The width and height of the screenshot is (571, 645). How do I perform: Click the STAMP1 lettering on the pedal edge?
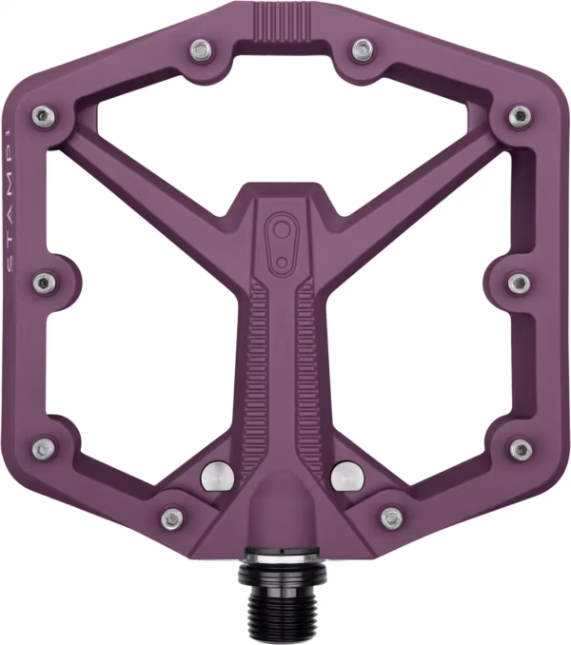10,202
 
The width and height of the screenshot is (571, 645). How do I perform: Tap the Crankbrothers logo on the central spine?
282,243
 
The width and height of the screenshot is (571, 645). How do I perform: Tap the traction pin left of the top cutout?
203,50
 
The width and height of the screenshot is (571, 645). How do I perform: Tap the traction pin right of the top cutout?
363,49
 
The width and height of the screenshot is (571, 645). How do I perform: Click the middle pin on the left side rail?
45,283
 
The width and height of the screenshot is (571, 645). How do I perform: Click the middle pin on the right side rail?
520,283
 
